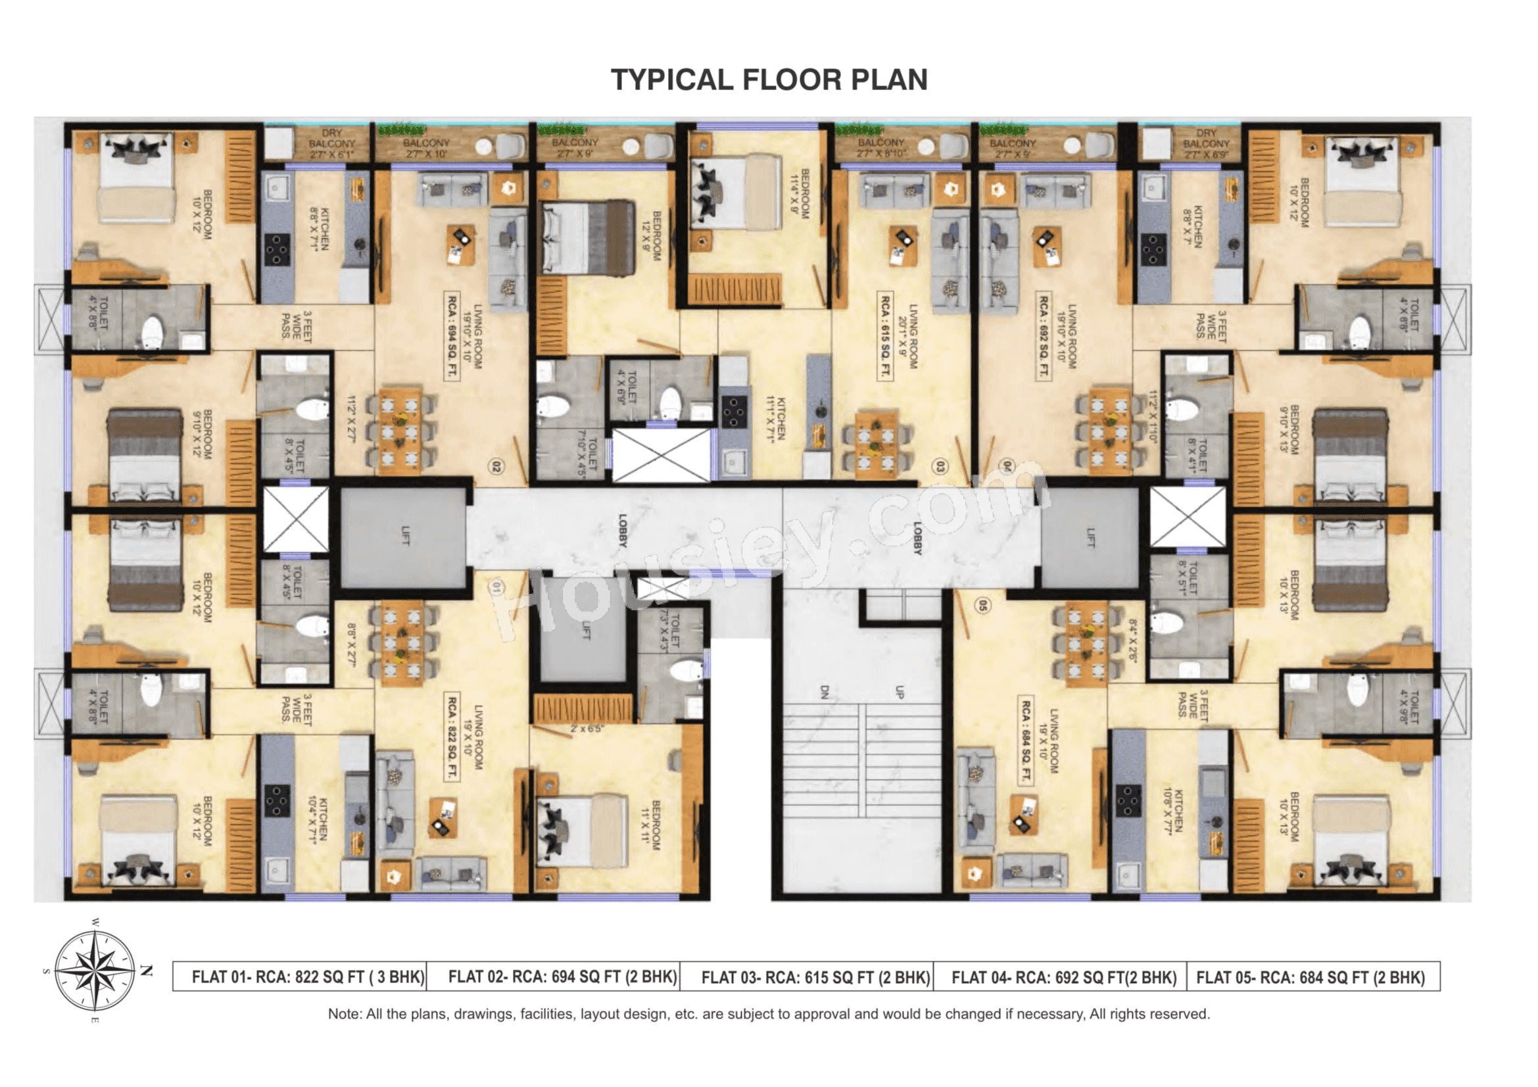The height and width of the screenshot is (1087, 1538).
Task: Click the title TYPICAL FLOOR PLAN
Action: click(x=769, y=80)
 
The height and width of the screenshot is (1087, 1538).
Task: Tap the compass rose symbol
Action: click(x=95, y=970)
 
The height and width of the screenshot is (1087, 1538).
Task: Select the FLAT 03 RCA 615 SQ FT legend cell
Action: click(x=815, y=978)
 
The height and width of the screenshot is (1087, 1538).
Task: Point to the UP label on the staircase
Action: click(x=900, y=692)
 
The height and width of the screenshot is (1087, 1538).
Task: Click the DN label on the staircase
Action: click(x=825, y=692)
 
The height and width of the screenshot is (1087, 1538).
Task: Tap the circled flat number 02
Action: click(x=496, y=466)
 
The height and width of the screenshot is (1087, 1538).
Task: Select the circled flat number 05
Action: click(x=982, y=606)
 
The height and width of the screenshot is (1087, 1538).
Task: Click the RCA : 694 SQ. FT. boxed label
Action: click(x=453, y=336)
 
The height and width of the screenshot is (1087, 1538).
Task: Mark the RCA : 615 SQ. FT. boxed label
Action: click(x=886, y=345)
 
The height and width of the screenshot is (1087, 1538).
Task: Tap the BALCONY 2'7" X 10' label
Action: click(x=426, y=148)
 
